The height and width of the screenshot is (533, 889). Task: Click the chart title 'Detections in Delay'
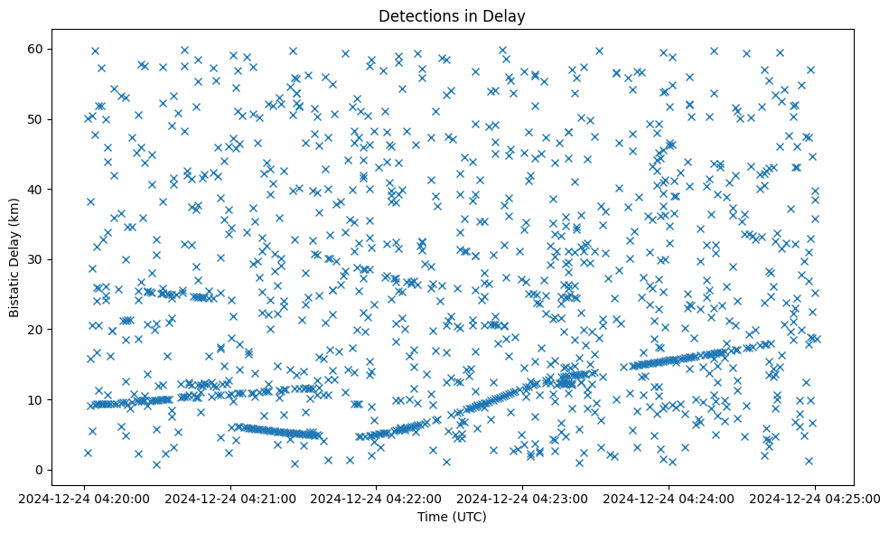click(x=452, y=16)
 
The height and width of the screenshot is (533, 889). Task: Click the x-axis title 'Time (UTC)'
click(x=452, y=517)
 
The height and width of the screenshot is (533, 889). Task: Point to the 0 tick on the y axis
click(x=40, y=470)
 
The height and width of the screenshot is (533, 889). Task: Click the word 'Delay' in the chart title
click(x=506, y=16)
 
